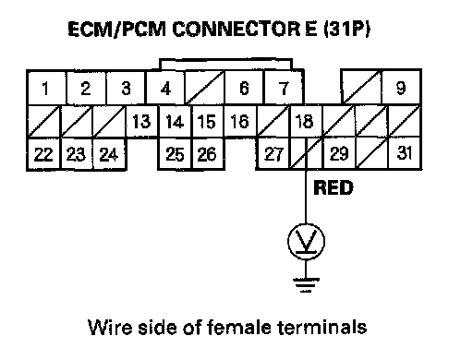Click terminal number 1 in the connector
(46, 88)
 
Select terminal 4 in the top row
(165, 88)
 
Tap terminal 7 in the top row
(284, 88)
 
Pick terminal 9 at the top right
(401, 88)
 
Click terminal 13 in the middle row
(141, 121)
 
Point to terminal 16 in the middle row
(239, 121)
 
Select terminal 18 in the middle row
(305, 121)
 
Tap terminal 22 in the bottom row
(43, 154)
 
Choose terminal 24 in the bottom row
(109, 154)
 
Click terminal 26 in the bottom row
(207, 154)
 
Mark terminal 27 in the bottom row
(273, 154)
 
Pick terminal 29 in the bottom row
(339, 154)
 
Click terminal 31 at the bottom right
(405, 153)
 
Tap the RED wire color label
(334, 187)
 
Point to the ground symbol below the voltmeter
(306, 285)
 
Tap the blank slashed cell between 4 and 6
(205, 88)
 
